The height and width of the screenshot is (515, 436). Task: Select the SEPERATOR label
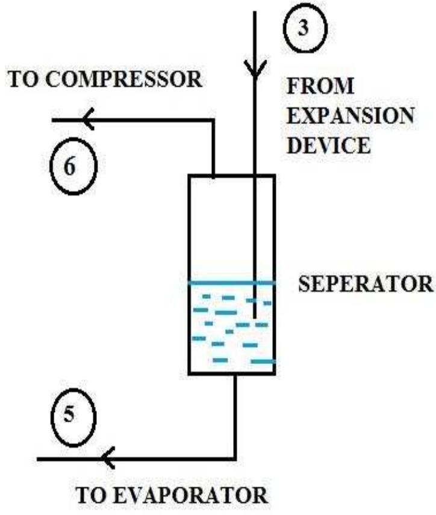pyautogui.click(x=366, y=283)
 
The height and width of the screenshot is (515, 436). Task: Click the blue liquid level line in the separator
pyautogui.click(x=232, y=282)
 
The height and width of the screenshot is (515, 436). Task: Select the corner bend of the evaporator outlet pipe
pyautogui.click(x=234, y=459)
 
